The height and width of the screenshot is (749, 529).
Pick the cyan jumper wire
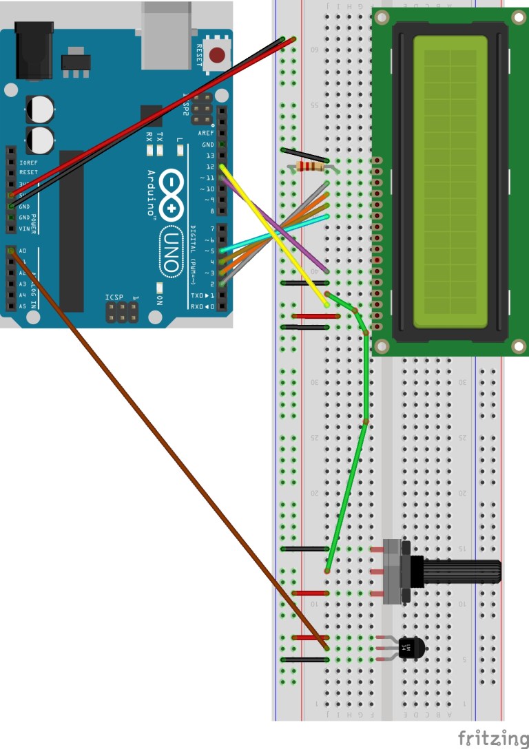click(276, 233)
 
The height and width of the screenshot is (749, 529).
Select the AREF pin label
click(206, 133)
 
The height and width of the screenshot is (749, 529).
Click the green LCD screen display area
click(450, 182)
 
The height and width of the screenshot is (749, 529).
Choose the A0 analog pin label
click(23, 251)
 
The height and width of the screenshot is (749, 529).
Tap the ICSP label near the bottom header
click(114, 298)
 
